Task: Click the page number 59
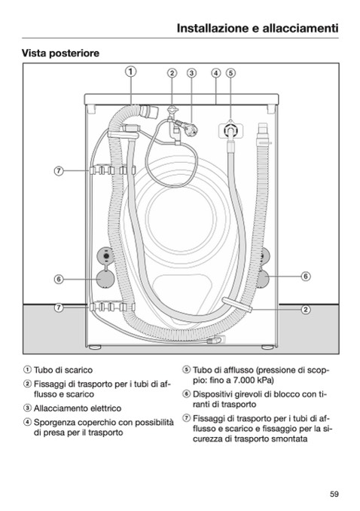(334, 494)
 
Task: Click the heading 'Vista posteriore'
(60, 53)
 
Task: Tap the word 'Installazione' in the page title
(212, 29)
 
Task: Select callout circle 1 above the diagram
(130, 72)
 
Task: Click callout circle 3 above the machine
(191, 73)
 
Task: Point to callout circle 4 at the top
(216, 73)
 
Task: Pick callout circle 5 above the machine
(230, 73)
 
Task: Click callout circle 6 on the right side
(306, 277)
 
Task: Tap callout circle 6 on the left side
(59, 280)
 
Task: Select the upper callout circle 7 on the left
(59, 171)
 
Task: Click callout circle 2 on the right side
(306, 309)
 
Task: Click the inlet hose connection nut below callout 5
(230, 131)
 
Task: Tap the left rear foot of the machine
(94, 347)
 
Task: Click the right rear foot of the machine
(267, 347)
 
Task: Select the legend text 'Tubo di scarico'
(63, 370)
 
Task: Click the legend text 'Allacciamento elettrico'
(78, 408)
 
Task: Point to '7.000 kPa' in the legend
(255, 381)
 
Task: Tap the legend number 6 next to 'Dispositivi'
(186, 394)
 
